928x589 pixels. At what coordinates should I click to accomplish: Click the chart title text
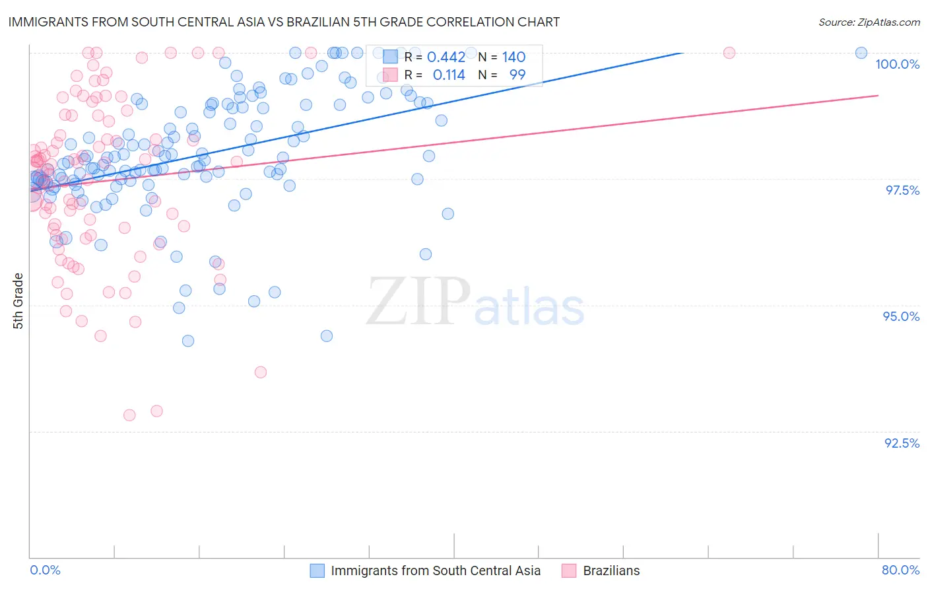[x=284, y=22]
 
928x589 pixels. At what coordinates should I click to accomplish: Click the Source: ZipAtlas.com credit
[x=869, y=22]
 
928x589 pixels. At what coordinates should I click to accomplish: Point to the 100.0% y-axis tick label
[x=897, y=64]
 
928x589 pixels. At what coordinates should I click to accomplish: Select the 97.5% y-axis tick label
[x=902, y=190]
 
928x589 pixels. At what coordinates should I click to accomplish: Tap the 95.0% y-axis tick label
[x=901, y=316]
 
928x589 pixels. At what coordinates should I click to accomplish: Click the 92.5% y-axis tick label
[x=902, y=443]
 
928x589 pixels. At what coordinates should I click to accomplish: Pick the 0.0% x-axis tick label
[x=45, y=570]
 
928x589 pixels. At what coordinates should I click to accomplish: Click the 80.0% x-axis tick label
[x=900, y=570]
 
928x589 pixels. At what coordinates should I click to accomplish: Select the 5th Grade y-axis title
[x=18, y=300]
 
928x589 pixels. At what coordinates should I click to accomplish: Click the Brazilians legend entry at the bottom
[x=611, y=571]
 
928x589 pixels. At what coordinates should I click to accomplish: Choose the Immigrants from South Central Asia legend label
[x=435, y=571]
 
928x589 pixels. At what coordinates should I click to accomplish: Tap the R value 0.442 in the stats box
[x=446, y=57]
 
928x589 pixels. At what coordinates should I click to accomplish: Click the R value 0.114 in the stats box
[x=449, y=75]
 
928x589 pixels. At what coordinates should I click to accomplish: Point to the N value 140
[x=514, y=57]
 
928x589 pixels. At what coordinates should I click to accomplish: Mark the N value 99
[x=517, y=75]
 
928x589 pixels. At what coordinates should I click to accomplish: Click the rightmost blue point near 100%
[x=861, y=53]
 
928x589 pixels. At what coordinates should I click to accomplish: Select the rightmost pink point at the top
[x=729, y=53]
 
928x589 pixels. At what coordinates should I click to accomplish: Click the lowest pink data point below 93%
[x=129, y=415]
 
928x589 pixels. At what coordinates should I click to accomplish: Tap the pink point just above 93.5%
[x=261, y=372]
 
